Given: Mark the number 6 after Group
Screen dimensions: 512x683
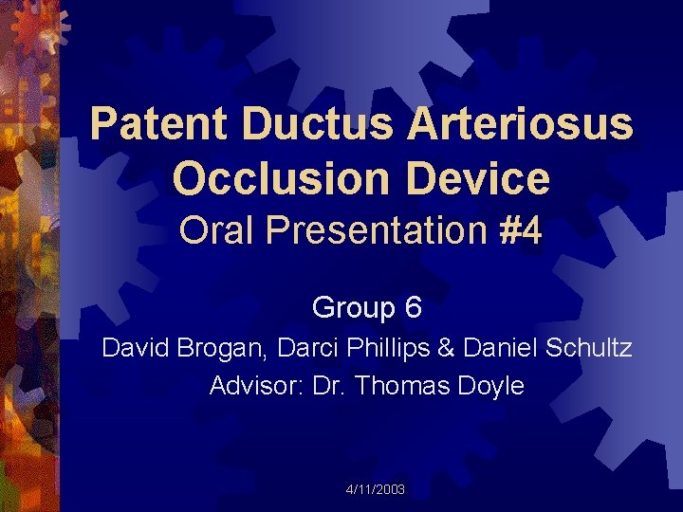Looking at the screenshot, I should tap(413, 308).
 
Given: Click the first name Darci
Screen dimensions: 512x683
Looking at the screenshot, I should tap(308, 348).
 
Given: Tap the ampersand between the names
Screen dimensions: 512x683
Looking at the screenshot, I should tap(446, 348).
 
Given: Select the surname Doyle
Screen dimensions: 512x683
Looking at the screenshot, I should tap(491, 386).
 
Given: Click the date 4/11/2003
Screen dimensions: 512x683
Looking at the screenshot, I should tap(376, 489).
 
